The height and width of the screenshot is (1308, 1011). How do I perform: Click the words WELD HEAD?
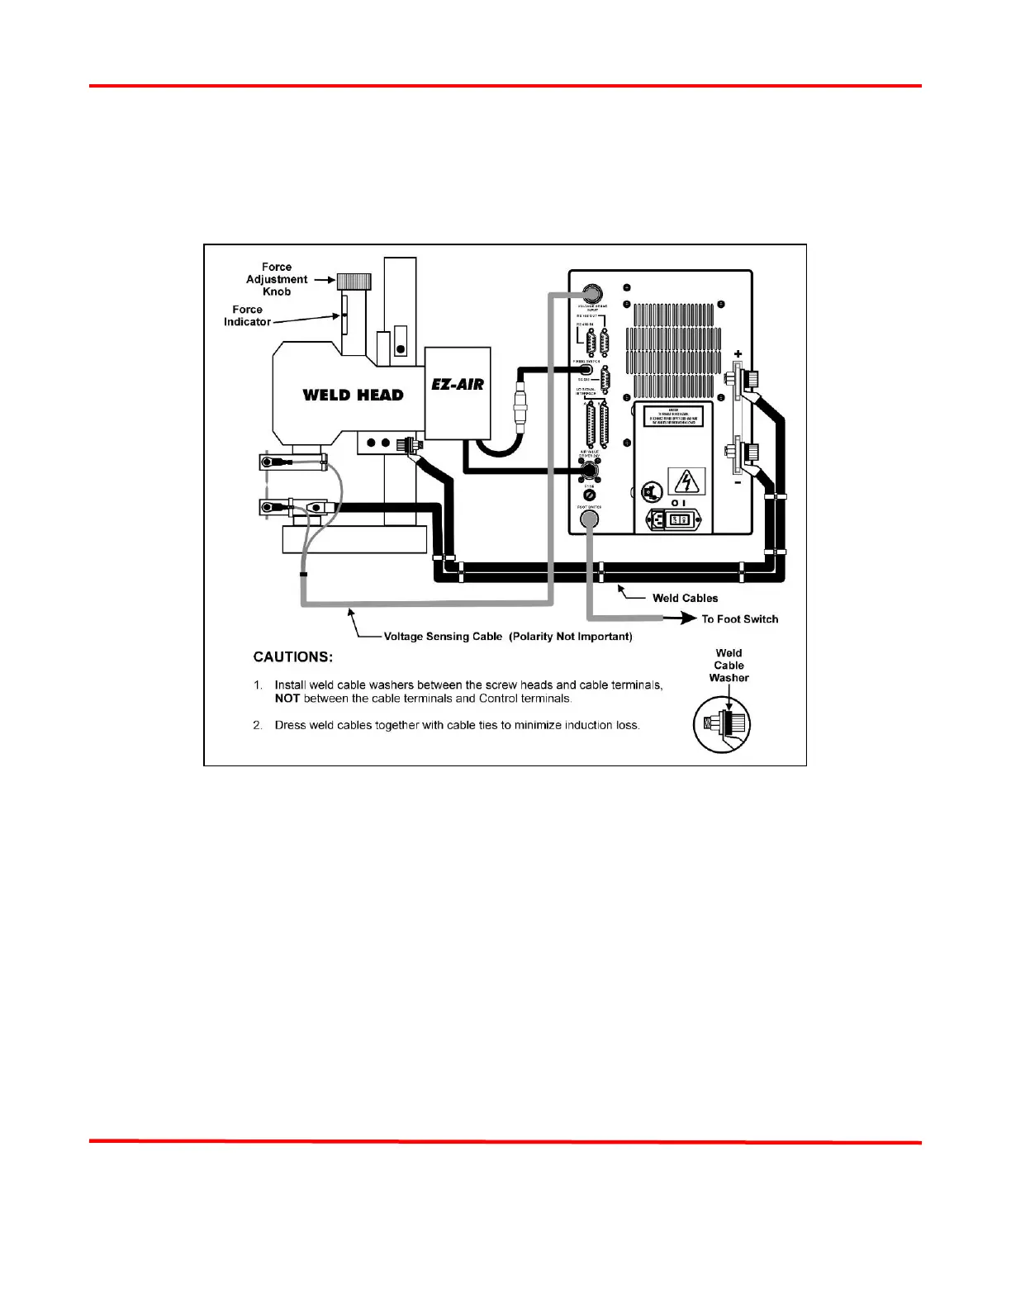coord(353,395)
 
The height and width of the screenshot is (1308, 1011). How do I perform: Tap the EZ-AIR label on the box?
coord(458,384)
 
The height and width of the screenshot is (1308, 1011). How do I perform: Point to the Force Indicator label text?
coord(247,315)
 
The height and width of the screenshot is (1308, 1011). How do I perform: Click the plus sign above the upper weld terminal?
coord(738,354)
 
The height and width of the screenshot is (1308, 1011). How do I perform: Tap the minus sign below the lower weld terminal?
coord(738,481)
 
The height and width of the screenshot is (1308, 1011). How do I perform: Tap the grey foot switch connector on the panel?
coord(589,519)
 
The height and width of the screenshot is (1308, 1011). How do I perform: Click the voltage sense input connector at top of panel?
coord(591,293)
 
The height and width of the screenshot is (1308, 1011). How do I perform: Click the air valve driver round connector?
coord(589,471)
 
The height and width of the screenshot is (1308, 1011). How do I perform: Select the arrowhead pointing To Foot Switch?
coord(687,618)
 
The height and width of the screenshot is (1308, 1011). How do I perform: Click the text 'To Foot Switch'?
coord(739,618)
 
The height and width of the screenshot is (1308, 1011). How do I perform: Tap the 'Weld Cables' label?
coord(685,598)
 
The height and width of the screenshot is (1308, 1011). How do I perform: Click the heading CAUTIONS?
coord(293,657)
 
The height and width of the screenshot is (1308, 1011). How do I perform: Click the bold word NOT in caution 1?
coord(287,699)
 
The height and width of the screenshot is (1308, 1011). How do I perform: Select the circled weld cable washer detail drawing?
coord(722,724)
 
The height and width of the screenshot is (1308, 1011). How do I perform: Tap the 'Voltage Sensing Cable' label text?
coord(443,637)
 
